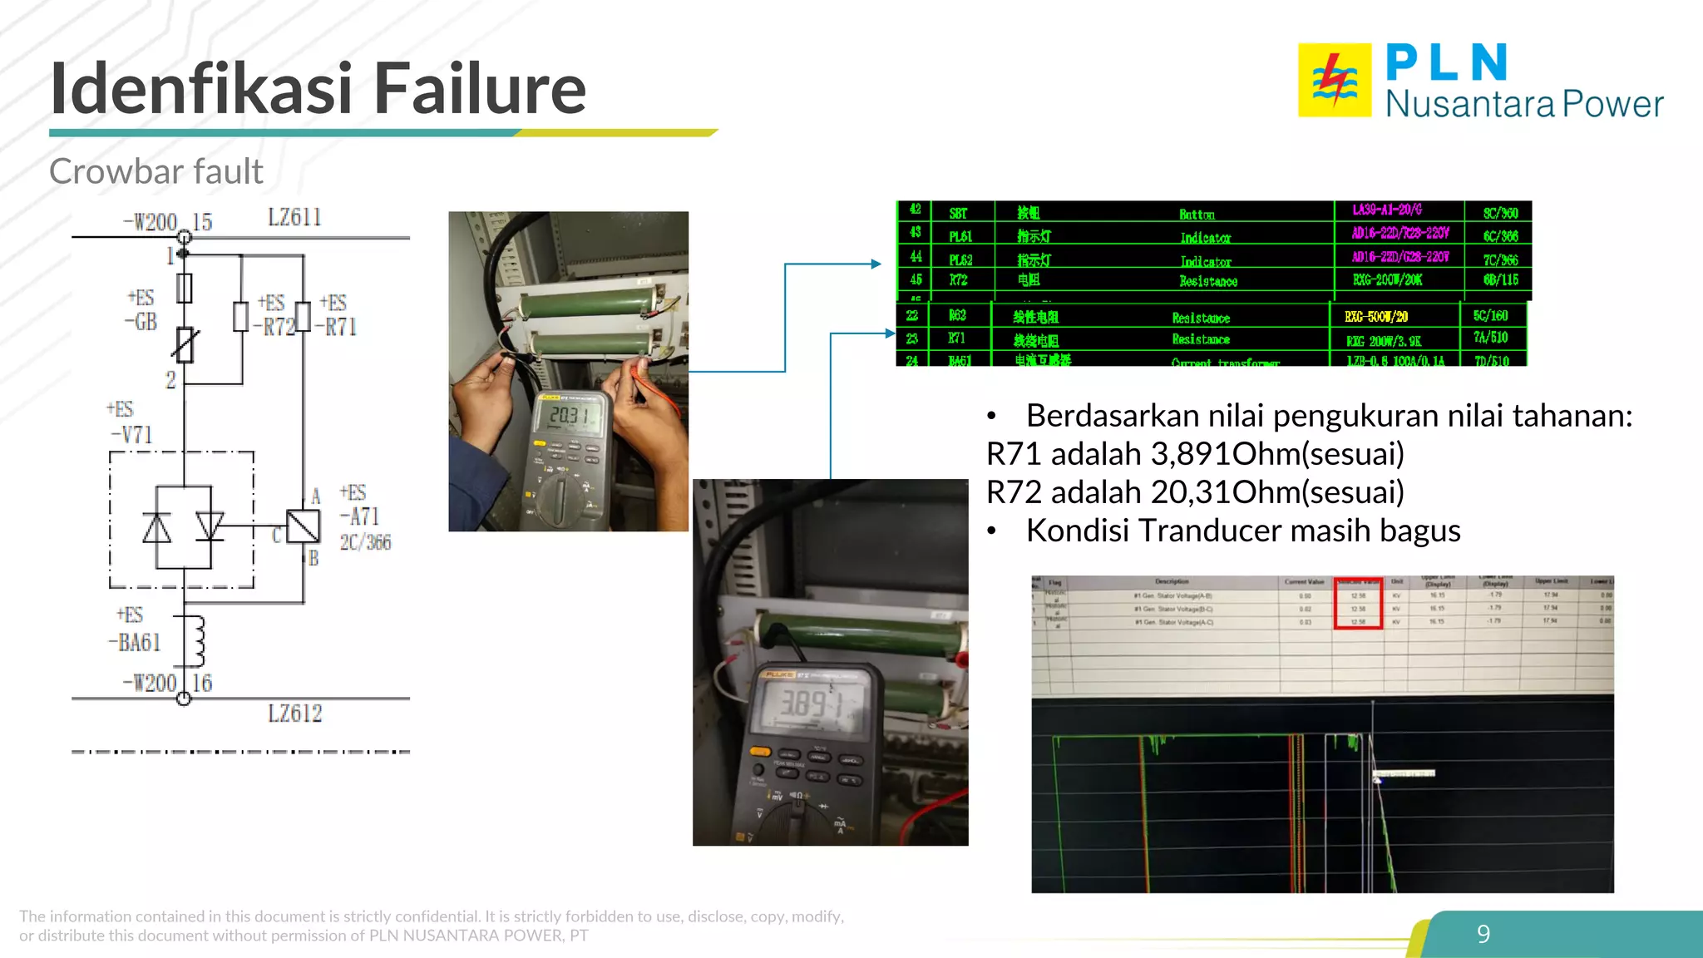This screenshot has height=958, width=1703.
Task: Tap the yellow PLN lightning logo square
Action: (x=1334, y=80)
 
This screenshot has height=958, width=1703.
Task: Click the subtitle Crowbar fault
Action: (x=155, y=171)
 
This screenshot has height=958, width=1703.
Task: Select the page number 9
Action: (x=1483, y=934)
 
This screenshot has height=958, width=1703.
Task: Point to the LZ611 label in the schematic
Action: (x=294, y=218)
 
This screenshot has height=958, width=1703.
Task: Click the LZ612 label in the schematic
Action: (x=294, y=714)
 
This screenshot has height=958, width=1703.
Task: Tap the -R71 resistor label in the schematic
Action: (x=337, y=327)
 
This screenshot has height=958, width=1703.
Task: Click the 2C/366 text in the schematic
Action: (x=365, y=543)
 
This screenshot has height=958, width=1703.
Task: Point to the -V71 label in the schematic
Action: (x=132, y=434)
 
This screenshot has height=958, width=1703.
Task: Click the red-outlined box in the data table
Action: (x=1358, y=603)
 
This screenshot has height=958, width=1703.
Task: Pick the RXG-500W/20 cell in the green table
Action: (x=1376, y=317)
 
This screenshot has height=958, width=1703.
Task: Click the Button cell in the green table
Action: (x=1197, y=215)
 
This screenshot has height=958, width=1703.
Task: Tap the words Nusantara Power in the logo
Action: (x=1523, y=104)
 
